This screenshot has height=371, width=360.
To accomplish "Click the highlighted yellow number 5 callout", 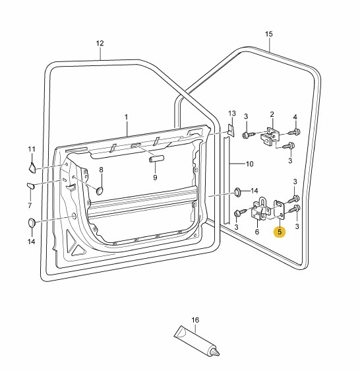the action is point(280,232).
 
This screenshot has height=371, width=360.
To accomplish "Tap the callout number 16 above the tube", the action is point(195,320).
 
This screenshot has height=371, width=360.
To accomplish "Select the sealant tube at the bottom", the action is point(196,341).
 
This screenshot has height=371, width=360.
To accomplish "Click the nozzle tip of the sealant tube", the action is point(218,354).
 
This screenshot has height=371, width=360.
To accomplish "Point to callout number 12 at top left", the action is point(100,43).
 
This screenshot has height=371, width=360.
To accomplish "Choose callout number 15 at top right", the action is point(268,34).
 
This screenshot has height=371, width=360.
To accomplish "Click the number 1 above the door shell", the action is point(126,117).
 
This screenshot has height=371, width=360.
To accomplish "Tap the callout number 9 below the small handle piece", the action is point(155,177).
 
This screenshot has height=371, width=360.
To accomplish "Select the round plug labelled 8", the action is point(100,191).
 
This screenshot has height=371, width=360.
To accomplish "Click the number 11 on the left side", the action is point(32,149).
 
